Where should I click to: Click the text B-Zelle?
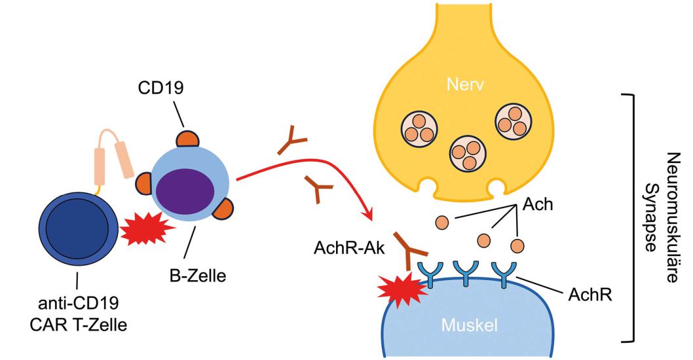(x=197, y=276)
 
